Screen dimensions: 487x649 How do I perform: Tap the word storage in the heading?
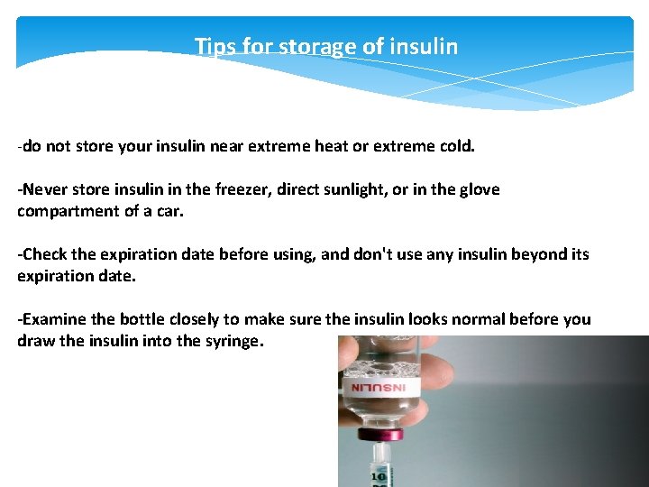click(315, 46)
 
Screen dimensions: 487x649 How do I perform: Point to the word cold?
click(452, 145)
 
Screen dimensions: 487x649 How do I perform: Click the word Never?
click(42, 189)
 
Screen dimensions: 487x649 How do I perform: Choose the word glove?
click(478, 189)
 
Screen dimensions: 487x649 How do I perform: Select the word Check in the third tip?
click(44, 254)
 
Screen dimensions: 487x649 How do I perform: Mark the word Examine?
click(52, 319)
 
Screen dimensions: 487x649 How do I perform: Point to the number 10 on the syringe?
click(379, 475)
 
